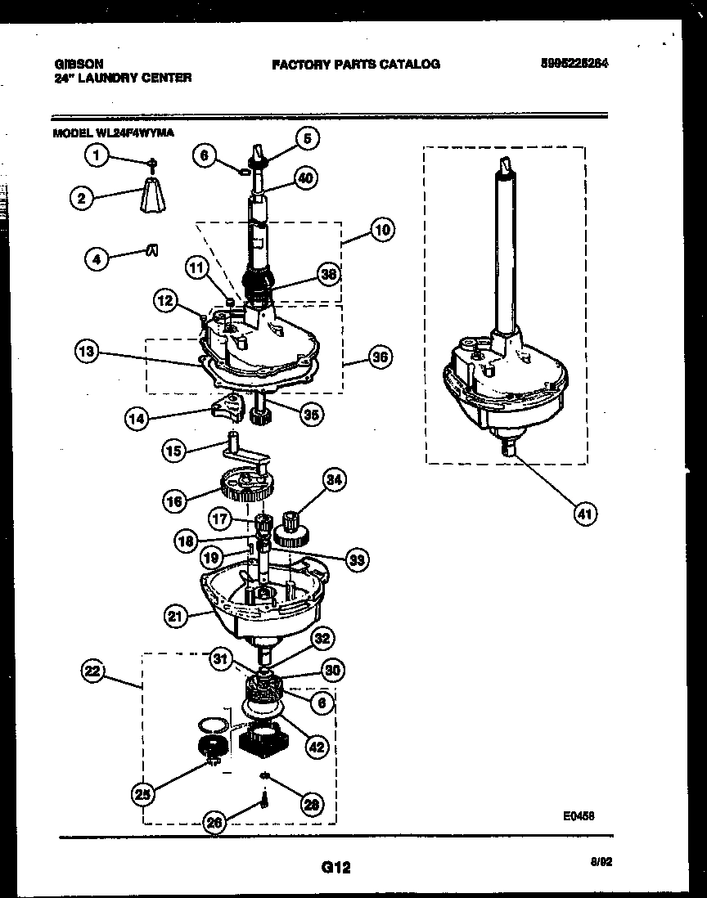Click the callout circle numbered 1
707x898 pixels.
[x=97, y=155]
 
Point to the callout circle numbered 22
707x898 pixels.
[x=92, y=671]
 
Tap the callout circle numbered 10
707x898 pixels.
[x=381, y=230]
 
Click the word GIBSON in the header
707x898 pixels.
[x=74, y=64]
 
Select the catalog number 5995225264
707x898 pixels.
[x=574, y=64]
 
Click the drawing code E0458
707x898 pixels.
[x=578, y=815]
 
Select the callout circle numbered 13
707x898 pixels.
[x=86, y=352]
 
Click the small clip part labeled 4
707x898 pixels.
[x=152, y=252]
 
